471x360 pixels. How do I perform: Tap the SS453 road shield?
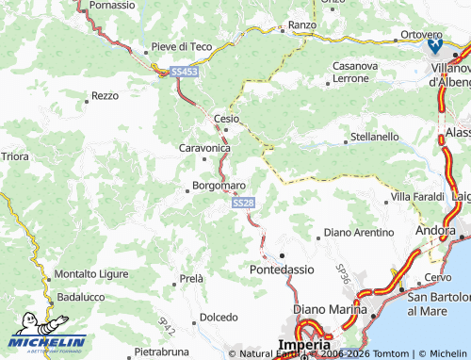click(184, 72)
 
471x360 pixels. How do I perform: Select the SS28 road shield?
click(242, 203)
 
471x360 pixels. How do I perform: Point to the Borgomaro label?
click(219, 186)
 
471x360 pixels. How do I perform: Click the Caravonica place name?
click(204, 148)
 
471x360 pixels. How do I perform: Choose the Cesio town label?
click(227, 119)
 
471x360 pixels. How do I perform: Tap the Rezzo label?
click(105, 96)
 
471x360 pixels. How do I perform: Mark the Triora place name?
click(15, 155)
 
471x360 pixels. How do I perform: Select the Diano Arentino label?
click(359, 232)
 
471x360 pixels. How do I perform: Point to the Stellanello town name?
click(374, 137)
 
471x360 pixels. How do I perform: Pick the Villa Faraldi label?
click(416, 196)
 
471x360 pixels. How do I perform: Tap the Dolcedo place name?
click(218, 318)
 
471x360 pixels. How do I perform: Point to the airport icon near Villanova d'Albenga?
click(434, 44)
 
